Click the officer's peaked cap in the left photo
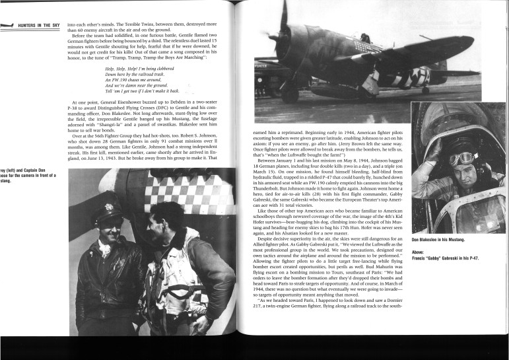(x=107, y=213)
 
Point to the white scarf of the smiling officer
(x=106, y=250)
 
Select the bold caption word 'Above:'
(x=419, y=251)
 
